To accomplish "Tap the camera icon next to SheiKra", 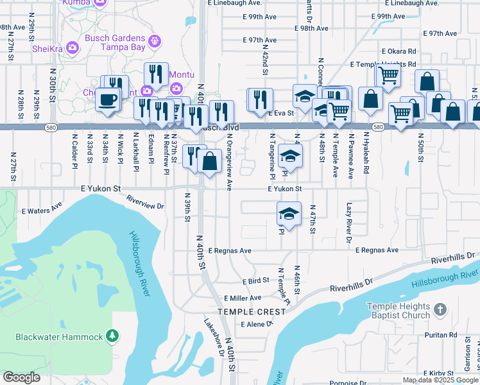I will click(73, 47).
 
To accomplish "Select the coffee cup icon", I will click(107, 100).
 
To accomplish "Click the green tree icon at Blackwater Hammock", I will click(112, 336).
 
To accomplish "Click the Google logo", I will click(21, 377).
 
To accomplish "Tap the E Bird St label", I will click(255, 281).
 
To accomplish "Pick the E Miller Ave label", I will click(242, 298).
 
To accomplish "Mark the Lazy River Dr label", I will click(349, 222).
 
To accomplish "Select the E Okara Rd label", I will click(399, 51).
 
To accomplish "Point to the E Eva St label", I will click(280, 113).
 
